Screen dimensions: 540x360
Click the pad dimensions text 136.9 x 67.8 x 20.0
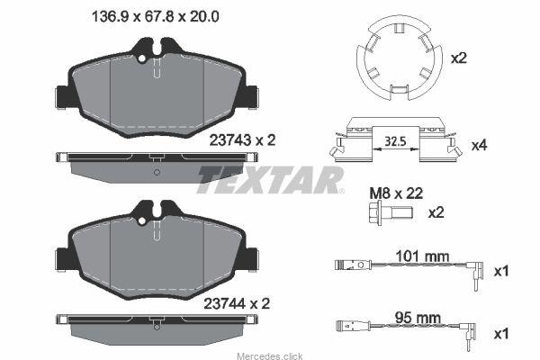point(155,16)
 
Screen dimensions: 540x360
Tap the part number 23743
point(230,140)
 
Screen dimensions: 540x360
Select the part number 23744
point(224,304)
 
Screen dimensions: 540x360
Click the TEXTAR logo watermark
point(270,179)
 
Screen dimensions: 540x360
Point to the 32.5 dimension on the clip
point(395,141)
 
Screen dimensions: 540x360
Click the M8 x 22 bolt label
point(396,193)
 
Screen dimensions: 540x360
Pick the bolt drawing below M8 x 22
point(390,213)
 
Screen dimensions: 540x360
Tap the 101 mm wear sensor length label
point(422,256)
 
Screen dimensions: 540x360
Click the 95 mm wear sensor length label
point(418,318)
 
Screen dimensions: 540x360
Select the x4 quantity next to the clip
point(480,146)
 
